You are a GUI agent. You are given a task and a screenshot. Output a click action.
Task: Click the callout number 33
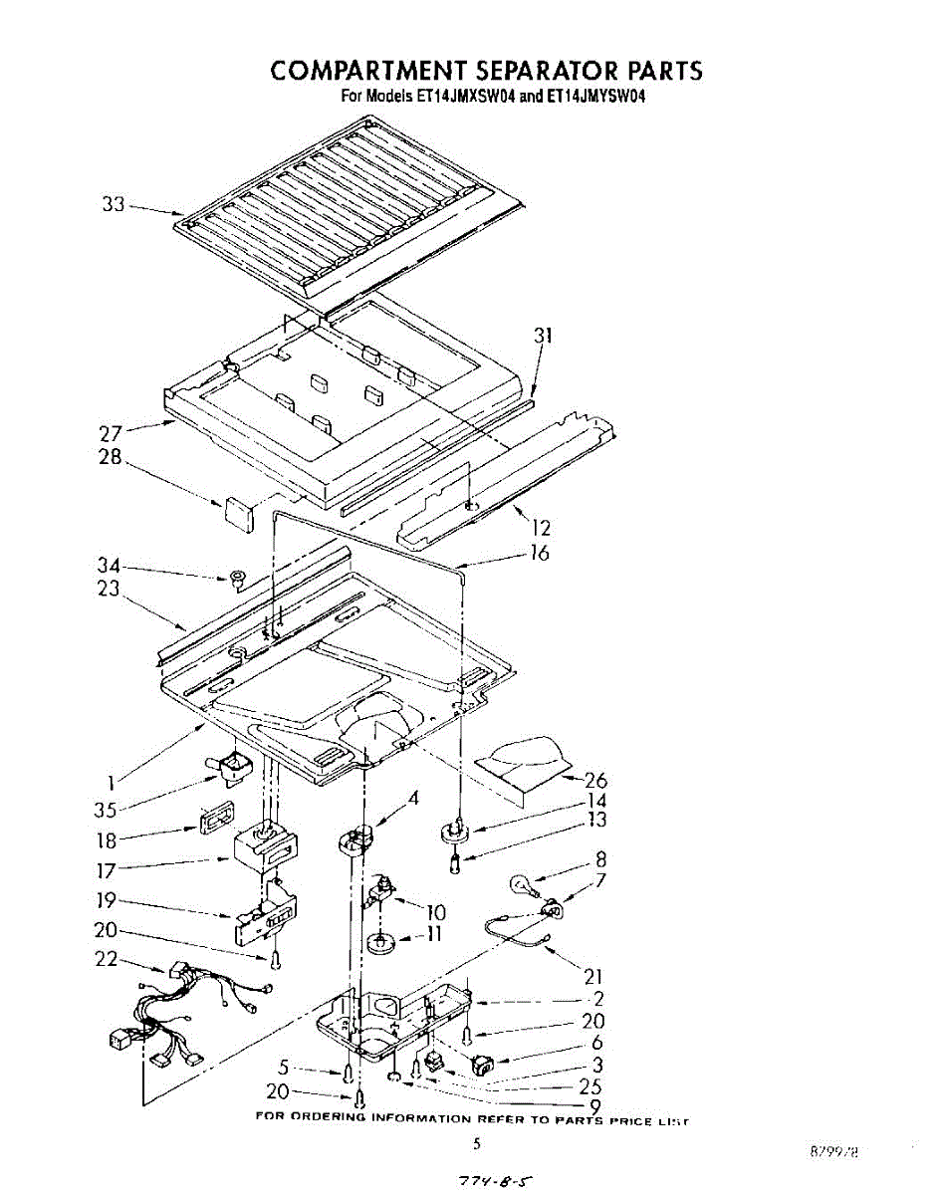tap(114, 205)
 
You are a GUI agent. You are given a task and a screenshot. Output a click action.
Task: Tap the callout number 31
tap(542, 337)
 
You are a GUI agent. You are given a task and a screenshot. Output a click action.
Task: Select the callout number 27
tap(111, 434)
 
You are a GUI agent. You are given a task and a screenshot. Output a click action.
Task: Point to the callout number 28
tap(111, 460)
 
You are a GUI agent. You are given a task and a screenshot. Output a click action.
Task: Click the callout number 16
tap(539, 554)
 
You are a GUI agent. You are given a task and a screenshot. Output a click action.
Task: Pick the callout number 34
tap(109, 565)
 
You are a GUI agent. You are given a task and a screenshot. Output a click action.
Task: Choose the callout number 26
tap(595, 781)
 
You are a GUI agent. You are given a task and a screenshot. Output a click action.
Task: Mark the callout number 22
tap(106, 960)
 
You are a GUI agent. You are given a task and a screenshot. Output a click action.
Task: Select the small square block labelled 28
tap(236, 511)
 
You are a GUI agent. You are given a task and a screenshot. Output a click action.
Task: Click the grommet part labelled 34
tap(237, 578)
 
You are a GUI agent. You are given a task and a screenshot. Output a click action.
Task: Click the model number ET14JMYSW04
tap(590, 98)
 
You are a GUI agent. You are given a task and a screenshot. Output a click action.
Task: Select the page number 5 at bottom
tap(476, 1145)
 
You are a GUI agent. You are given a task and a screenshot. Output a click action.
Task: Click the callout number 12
tap(542, 529)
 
